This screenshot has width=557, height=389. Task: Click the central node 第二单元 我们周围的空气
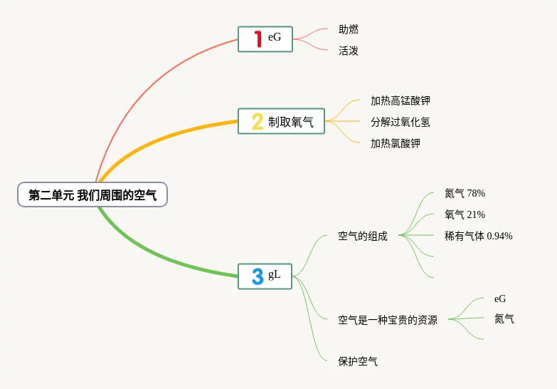point(92,194)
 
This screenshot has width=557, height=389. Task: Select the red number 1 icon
point(258,38)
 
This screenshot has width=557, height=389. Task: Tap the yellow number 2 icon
point(258,122)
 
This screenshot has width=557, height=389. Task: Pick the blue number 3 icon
point(258,276)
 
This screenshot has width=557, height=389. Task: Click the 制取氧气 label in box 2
point(291,122)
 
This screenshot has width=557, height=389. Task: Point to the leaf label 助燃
point(349,30)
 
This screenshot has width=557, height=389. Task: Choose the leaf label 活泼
point(349,51)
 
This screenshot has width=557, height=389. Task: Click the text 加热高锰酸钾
point(400,101)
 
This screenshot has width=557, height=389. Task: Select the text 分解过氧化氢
point(400,122)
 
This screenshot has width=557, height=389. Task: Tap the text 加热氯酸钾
point(396,143)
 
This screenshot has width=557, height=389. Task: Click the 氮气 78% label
point(465,193)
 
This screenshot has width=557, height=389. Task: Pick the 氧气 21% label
point(465,214)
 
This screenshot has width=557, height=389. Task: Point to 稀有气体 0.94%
point(478,236)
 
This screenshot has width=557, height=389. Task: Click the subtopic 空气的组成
point(363,236)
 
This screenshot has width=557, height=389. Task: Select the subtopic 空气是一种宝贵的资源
point(388,320)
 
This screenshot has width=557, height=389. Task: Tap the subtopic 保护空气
point(358,361)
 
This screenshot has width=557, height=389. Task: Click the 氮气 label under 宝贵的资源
point(504,318)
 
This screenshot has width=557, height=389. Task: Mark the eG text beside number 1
point(275,38)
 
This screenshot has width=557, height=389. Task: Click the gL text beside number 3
point(275,275)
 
